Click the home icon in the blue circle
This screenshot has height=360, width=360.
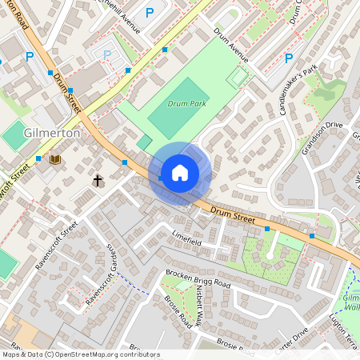(180, 172)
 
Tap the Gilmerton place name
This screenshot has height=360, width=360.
(53, 133)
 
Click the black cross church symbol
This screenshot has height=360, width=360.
(98, 181)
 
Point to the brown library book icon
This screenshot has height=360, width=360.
(55, 160)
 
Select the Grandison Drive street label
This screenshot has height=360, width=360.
(322, 137)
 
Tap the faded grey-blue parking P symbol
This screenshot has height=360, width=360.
(107, 54)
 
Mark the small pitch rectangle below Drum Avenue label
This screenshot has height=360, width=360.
(238, 78)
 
